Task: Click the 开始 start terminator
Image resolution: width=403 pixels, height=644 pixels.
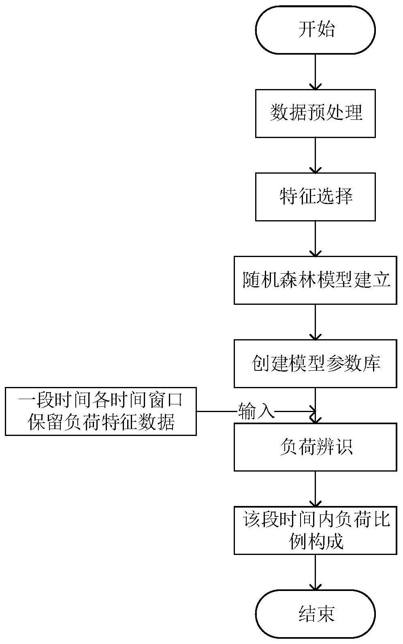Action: pos(315,30)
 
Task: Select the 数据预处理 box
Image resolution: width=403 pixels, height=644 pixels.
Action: pos(315,113)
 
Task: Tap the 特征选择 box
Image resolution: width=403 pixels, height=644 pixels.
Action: pos(315,197)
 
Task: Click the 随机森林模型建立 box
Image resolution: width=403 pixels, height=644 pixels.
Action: pos(315,280)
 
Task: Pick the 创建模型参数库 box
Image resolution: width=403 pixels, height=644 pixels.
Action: pos(315,363)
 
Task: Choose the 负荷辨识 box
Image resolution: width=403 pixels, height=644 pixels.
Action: pos(315,447)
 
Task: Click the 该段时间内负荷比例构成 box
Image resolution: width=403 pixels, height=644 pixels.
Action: pos(315,530)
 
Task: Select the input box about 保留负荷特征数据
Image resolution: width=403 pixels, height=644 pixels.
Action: pos(101,411)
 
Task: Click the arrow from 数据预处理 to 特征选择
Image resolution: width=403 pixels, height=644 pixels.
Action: pos(315,155)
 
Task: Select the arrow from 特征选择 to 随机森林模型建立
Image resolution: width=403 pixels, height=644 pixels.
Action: pos(315,238)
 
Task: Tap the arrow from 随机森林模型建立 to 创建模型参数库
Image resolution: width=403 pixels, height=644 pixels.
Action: pos(315,322)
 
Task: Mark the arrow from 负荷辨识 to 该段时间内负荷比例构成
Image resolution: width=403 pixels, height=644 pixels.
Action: pos(315,489)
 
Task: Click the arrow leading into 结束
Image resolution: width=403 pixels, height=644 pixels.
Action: pos(315,572)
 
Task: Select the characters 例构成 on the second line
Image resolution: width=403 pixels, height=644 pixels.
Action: pos(316,541)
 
